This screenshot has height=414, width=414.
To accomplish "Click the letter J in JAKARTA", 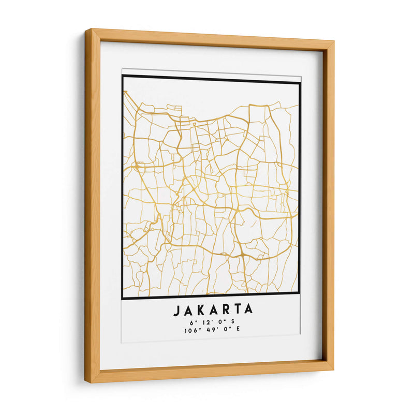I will [176, 310].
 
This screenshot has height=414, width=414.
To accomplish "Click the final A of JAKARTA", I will [248, 310].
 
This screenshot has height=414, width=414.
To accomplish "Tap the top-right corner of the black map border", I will [300, 82].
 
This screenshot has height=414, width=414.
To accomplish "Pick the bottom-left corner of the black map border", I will [123, 298].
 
